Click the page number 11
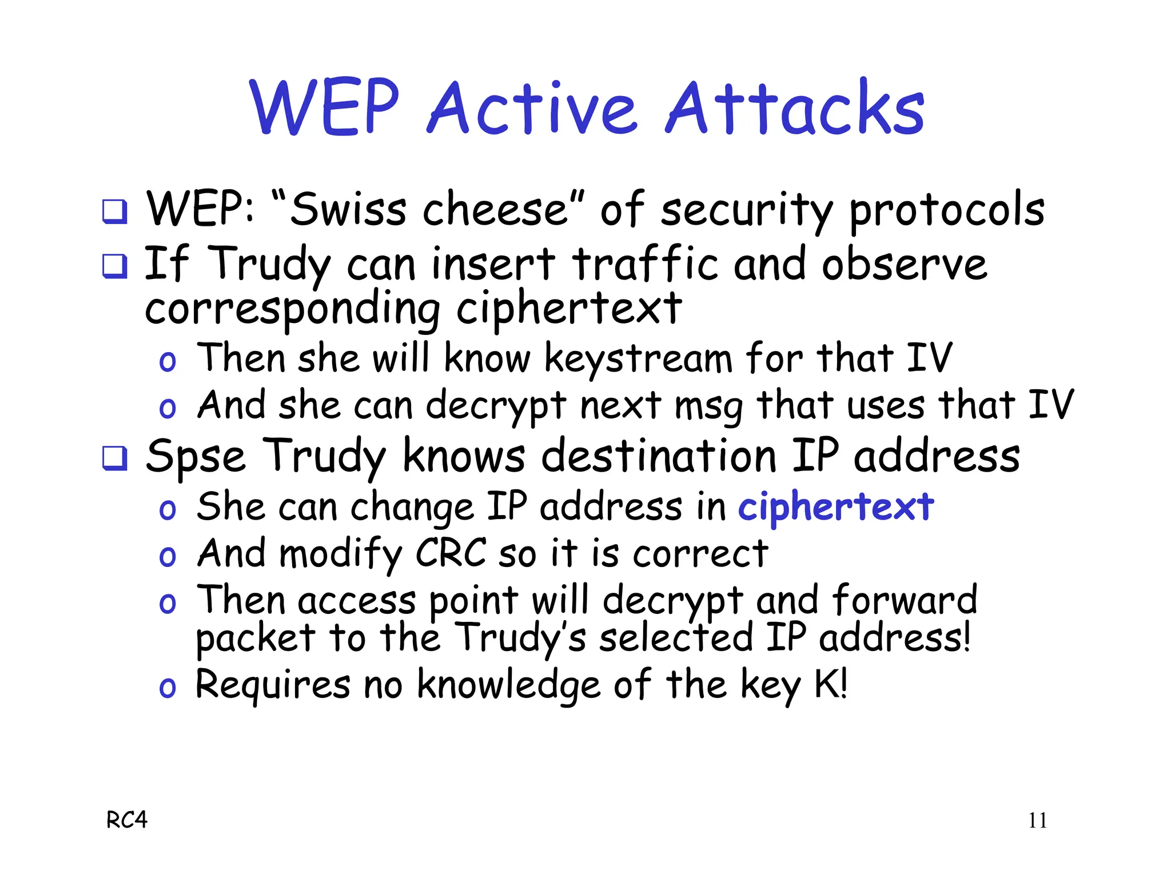(x=1037, y=821)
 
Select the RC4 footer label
(x=127, y=820)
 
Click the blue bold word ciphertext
(x=836, y=506)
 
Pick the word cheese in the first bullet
(x=495, y=209)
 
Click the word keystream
(x=638, y=359)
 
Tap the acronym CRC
(x=451, y=553)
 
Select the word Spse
(x=196, y=456)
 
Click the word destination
(x=659, y=456)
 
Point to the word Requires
(x=273, y=684)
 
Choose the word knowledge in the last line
(x=508, y=684)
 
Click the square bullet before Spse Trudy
(x=114, y=457)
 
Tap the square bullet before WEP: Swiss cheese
(x=114, y=211)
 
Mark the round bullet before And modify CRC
(x=168, y=556)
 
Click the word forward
(x=905, y=600)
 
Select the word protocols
(x=947, y=210)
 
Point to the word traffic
(x=645, y=264)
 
